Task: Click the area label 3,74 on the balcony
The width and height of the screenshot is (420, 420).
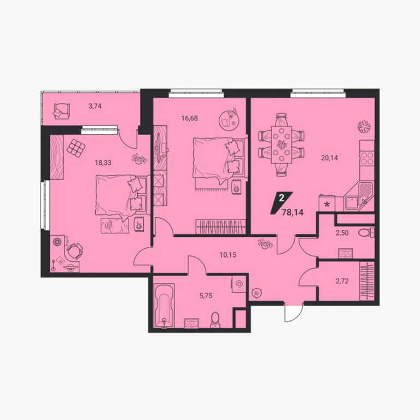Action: (95, 106)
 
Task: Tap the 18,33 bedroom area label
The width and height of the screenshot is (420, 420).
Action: (103, 162)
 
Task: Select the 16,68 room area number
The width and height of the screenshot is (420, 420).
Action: (189, 118)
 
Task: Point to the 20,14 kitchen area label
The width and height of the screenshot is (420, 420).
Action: (329, 157)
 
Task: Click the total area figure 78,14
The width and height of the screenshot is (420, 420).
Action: (293, 212)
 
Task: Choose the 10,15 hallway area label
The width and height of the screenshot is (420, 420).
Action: (228, 255)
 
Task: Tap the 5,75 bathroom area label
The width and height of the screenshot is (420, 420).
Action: (206, 296)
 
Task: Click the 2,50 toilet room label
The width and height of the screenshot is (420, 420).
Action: (342, 233)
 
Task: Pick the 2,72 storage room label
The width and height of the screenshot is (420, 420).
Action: (342, 281)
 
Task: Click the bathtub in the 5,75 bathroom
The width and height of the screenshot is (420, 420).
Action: (165, 306)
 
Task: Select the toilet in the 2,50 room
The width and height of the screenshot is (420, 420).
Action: (366, 232)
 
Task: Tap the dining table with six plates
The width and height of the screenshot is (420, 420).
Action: (282, 144)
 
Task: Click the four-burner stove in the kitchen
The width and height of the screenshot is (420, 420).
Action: (367, 158)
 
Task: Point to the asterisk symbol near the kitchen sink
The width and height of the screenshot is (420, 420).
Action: (327, 205)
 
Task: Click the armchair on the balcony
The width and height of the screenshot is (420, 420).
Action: (62, 111)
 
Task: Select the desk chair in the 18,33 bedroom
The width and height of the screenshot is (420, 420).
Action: (75, 250)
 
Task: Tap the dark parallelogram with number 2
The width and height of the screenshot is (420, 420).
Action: (282, 203)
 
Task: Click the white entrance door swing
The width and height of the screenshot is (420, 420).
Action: (294, 312)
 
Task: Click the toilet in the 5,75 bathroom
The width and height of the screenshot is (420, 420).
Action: (215, 320)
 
